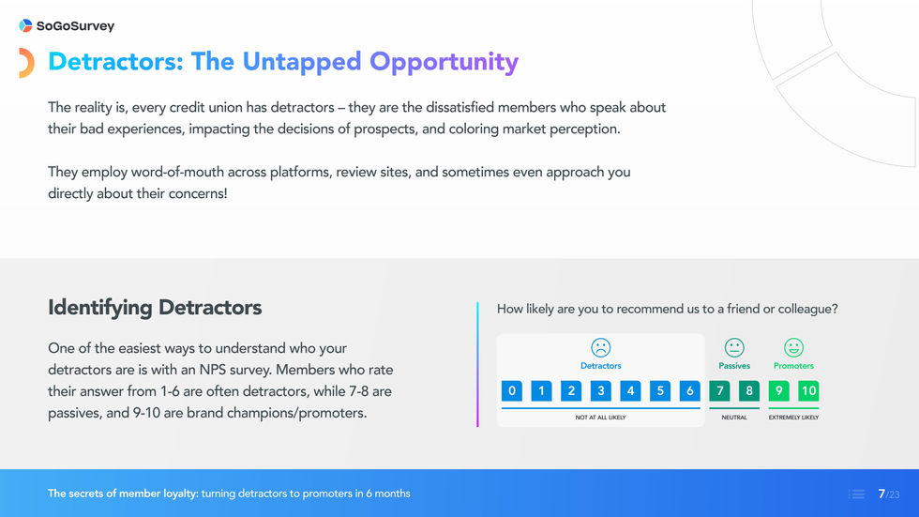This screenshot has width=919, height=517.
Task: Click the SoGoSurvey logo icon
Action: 25,26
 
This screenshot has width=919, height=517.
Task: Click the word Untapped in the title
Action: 301,62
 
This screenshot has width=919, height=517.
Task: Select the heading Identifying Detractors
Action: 155,308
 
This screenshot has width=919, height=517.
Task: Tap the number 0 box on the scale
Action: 511,390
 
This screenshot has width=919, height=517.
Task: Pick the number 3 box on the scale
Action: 601,390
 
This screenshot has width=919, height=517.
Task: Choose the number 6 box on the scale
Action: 690,390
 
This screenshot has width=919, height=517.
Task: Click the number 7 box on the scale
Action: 720,390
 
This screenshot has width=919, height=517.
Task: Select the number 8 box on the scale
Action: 749,390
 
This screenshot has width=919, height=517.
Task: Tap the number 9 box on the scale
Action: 779,390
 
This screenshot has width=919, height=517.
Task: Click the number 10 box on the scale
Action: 808,390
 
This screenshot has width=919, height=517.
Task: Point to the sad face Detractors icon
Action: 600,348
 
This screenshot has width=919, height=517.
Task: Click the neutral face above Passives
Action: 734,348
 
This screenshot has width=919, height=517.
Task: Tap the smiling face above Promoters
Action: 793,348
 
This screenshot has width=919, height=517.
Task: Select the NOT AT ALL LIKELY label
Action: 600,418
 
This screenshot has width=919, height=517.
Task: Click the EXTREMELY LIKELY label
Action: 793,418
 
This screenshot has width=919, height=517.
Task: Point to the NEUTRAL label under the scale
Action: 734,418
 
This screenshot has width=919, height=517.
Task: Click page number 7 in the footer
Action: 881,494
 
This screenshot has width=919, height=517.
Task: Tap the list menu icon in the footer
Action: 856,494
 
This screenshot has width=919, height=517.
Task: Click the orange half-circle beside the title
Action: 27,63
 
